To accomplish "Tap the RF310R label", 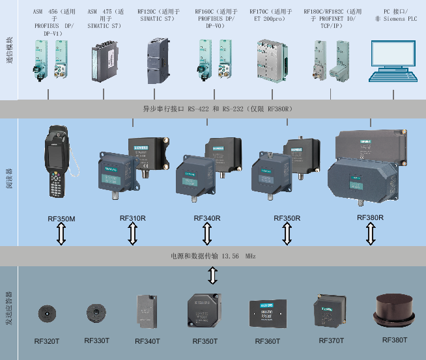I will (133, 218).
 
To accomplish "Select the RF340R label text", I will (207, 218).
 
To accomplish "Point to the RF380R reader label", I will (370, 217).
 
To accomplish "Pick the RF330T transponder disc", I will (96, 313).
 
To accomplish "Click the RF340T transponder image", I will (147, 311).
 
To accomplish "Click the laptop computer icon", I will (394, 62).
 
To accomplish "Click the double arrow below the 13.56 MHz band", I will (212, 276).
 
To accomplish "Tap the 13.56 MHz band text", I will (212, 257).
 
